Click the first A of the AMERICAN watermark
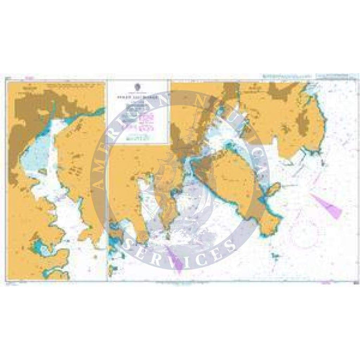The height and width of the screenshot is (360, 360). [95, 182]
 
